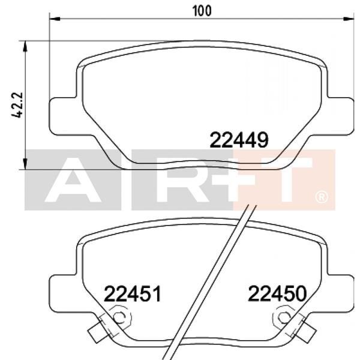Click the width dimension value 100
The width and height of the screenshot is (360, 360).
(x=202, y=11)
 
